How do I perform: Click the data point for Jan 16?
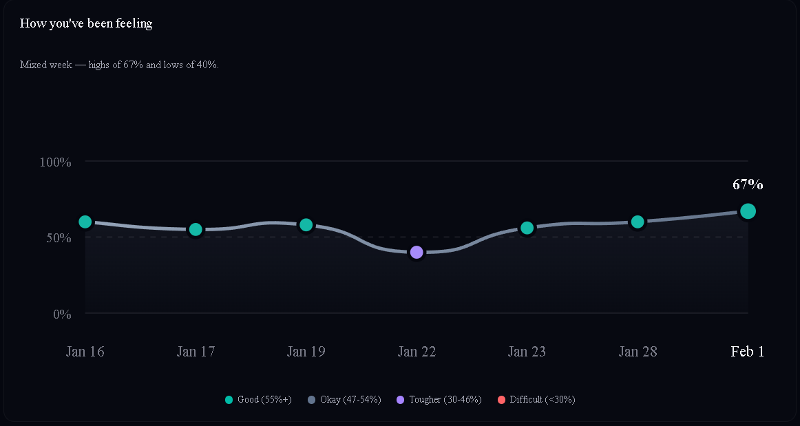(85, 222)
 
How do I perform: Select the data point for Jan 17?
(196, 229)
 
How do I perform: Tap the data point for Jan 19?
(306, 225)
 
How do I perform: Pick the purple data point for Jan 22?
(417, 253)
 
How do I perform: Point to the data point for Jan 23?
(527, 228)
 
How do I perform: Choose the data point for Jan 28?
(638, 222)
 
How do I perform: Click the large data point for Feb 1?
(748, 211)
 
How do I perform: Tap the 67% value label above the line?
(748, 184)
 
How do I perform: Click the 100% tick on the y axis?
(56, 162)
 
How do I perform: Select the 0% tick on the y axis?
(62, 315)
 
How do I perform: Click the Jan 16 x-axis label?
(85, 352)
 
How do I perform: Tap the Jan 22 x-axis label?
(417, 352)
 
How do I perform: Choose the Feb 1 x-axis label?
(748, 352)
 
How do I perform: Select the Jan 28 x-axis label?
(638, 352)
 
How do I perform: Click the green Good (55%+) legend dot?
(229, 400)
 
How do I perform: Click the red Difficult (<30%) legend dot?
(501, 400)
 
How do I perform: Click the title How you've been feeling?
(86, 23)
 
